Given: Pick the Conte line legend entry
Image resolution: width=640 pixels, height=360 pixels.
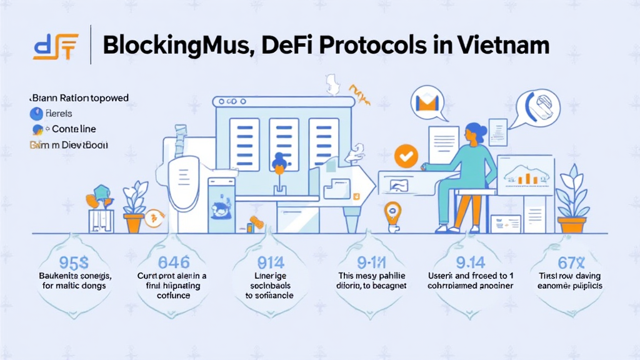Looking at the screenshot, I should (x=72, y=129).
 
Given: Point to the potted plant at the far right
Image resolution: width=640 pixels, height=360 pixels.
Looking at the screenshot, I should (x=572, y=200).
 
